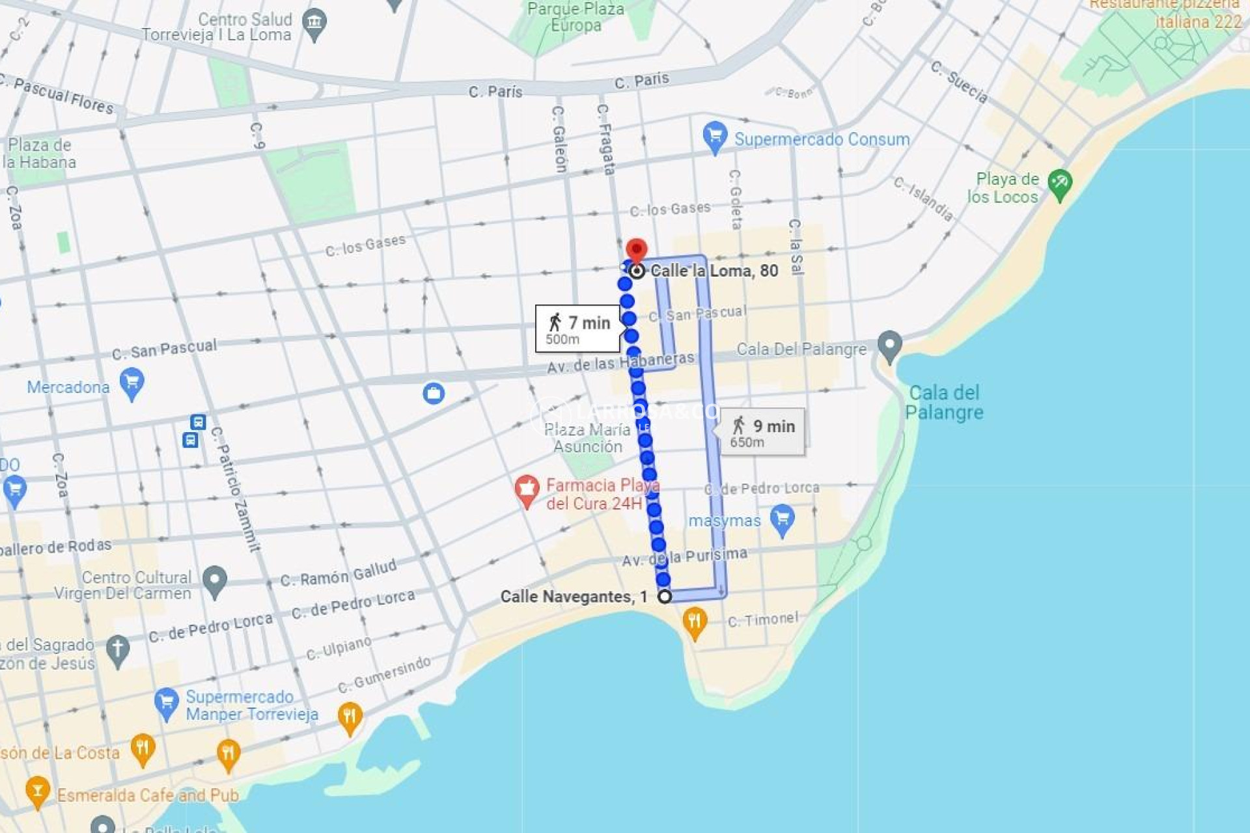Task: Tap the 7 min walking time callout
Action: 578,329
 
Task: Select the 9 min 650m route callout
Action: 762,432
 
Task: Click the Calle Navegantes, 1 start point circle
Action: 664,596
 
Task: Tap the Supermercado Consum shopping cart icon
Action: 715,137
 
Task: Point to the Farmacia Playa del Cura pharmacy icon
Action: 527,489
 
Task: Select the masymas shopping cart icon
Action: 782,519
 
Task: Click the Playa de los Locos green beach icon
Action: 1059,184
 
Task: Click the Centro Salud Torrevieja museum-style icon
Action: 314,23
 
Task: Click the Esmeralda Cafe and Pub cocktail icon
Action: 37,790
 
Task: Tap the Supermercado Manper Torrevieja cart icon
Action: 166,703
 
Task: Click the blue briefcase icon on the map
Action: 434,393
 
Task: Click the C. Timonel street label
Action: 762,620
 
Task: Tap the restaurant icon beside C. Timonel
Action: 695,622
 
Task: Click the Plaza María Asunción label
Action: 587,438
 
